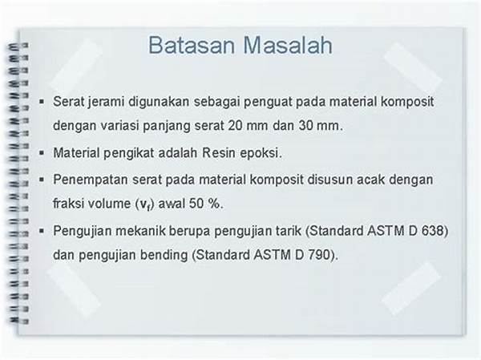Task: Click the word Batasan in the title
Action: (192, 46)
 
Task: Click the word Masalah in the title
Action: (288, 46)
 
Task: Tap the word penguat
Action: (268, 103)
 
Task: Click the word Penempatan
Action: (91, 180)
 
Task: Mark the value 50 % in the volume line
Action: (204, 204)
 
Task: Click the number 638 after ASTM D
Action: (432, 231)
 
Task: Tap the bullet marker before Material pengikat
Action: (42, 152)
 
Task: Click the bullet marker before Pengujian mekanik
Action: (42, 231)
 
